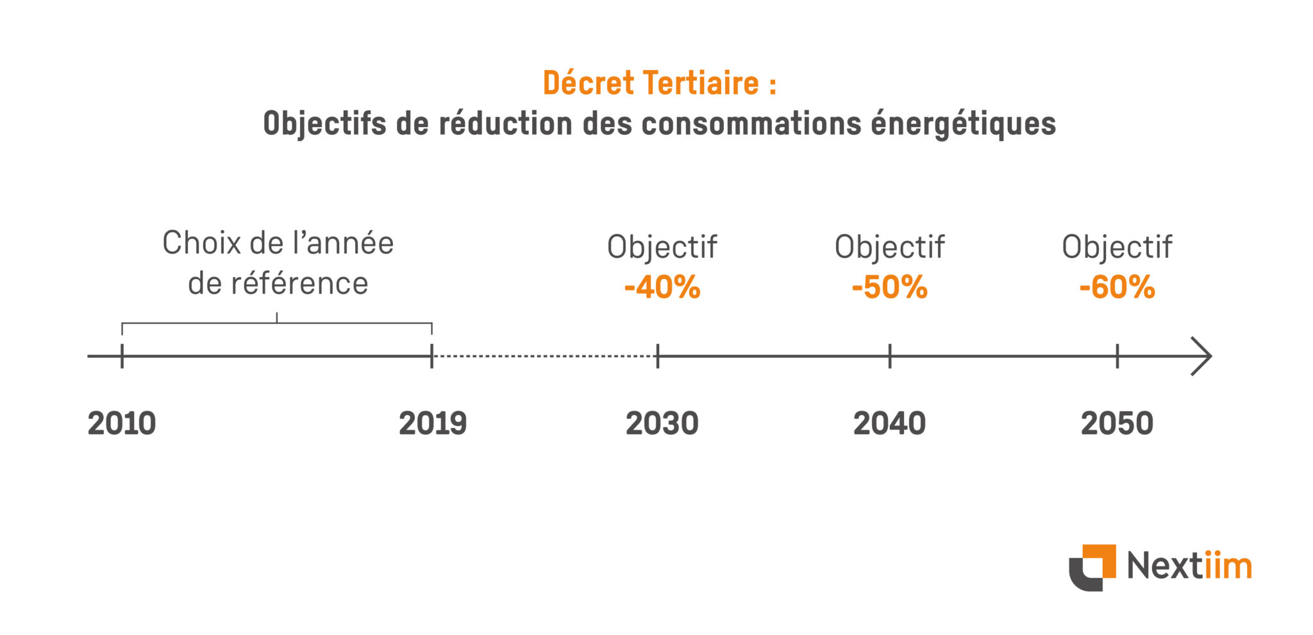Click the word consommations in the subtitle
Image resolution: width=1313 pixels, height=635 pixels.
click(751, 124)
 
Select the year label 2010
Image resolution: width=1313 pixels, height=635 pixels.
click(122, 424)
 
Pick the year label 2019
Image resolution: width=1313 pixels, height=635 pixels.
click(433, 424)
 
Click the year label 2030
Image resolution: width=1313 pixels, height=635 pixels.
click(662, 424)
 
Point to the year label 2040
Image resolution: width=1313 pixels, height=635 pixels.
click(889, 424)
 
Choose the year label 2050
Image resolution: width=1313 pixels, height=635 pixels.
click(1117, 424)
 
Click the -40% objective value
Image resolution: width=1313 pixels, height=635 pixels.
click(662, 287)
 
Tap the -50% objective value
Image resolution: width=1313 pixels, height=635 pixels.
click(889, 287)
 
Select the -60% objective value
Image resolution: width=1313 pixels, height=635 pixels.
click(1117, 287)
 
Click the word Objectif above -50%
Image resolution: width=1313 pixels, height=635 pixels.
click(889, 248)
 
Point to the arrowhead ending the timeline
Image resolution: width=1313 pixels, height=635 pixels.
click(1203, 356)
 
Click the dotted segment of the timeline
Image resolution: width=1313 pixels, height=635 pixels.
click(545, 356)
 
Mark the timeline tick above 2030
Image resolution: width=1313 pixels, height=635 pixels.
click(658, 356)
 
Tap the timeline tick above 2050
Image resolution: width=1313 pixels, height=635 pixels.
click(1117, 356)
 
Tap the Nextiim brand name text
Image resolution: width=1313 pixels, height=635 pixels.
click(1189, 566)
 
